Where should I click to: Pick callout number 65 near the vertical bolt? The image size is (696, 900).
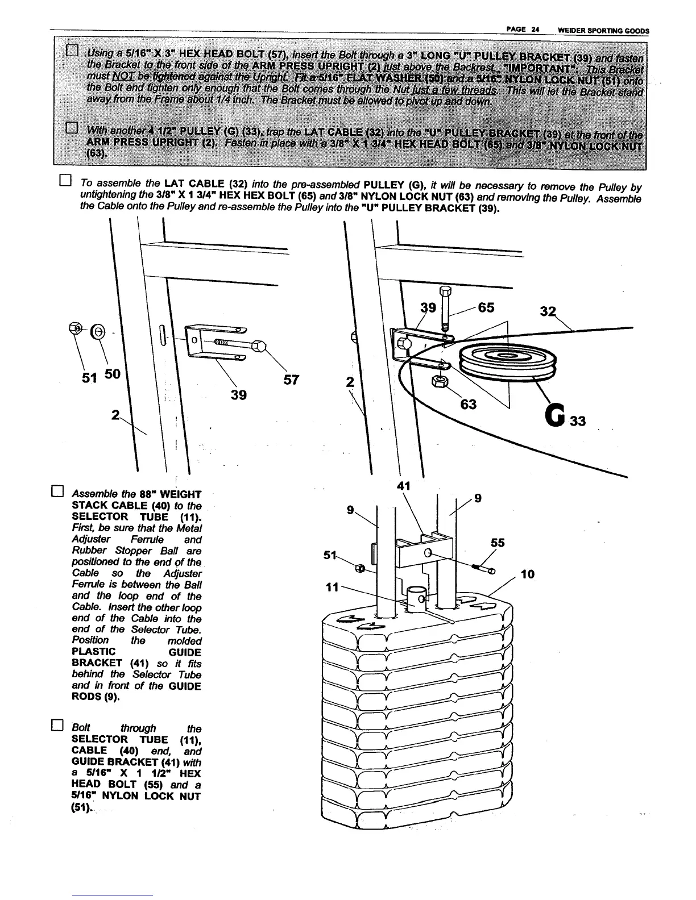(x=486, y=308)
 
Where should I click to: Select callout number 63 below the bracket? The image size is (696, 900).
(x=469, y=405)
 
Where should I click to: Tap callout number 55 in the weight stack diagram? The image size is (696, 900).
(x=498, y=543)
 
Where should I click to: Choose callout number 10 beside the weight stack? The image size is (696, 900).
(x=528, y=574)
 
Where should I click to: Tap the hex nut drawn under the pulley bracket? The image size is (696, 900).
(x=439, y=381)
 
